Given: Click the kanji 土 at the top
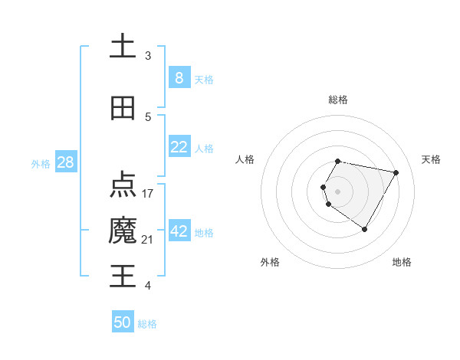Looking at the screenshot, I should tap(123, 46).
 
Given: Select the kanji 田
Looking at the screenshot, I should tap(123, 108).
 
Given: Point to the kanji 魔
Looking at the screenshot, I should tap(123, 231).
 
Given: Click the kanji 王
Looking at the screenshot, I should tap(123, 276).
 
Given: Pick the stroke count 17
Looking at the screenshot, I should tap(148, 193).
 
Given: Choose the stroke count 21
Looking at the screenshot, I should tap(147, 240).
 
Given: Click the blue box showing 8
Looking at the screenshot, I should tap(179, 78).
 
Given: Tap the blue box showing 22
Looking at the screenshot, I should tap(179, 147).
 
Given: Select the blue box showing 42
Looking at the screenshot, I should tap(179, 231).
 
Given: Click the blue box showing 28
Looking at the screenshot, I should tap(65, 162).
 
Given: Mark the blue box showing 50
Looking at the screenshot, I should tap(123, 322).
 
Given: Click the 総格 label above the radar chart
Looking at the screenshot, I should tap(338, 100).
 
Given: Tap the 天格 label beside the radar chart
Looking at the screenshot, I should tap(431, 159).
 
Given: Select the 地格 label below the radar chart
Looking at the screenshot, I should tap(402, 262).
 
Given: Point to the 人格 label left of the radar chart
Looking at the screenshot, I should tap(245, 159).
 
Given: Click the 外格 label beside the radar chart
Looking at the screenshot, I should tap(270, 262).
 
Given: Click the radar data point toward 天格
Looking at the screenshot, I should tap(396, 172).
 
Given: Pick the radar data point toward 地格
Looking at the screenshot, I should tap(365, 229).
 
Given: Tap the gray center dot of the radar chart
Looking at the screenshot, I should tap(338, 191).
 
